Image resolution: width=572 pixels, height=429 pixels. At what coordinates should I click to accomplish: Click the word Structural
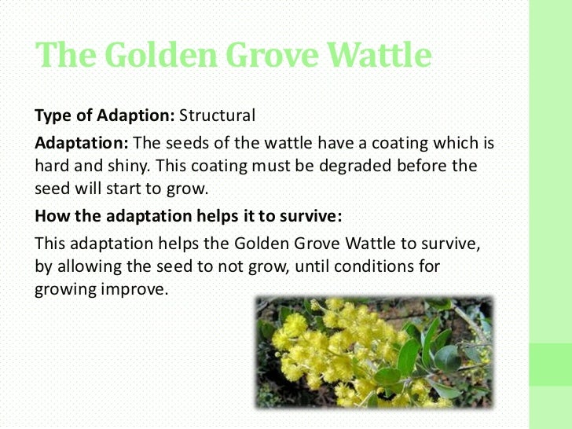(218, 115)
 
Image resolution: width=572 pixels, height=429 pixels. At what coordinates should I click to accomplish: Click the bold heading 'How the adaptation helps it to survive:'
(190, 217)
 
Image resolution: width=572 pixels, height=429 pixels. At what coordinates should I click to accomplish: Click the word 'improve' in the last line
(137, 288)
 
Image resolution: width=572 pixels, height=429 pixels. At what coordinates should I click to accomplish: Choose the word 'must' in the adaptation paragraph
(278, 167)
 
